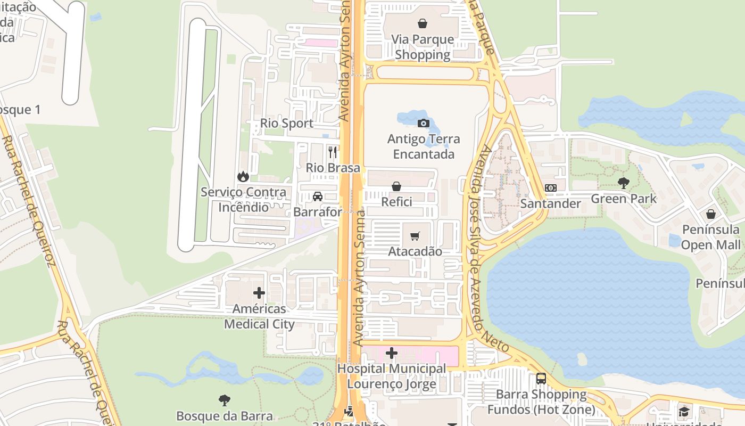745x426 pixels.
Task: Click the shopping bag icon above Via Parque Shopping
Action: click(422, 23)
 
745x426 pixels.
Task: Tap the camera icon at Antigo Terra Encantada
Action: click(424, 124)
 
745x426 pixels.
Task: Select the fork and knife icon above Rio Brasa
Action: click(333, 152)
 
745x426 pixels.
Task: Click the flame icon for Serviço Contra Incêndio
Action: click(243, 176)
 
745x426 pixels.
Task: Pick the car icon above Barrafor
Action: click(318, 196)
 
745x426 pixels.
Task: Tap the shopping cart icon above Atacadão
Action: click(415, 236)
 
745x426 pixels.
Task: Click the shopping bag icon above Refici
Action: click(396, 186)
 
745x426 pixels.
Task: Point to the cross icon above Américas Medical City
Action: click(259, 293)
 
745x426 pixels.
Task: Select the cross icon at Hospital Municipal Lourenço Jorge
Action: click(392, 353)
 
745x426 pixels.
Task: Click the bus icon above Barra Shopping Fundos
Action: click(541, 379)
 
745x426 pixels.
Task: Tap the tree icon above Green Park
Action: click(624, 183)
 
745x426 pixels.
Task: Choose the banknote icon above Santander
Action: click(551, 188)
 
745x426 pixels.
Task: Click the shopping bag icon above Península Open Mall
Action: click(711, 214)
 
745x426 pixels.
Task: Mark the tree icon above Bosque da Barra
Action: click(225, 400)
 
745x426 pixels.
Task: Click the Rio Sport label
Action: click(287, 124)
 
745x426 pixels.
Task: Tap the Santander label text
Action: click(551, 203)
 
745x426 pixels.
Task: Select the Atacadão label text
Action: click(415, 251)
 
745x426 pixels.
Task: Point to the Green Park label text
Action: click(624, 199)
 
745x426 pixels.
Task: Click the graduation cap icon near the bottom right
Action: click(684, 412)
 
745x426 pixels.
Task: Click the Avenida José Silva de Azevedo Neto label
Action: click(487, 250)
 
